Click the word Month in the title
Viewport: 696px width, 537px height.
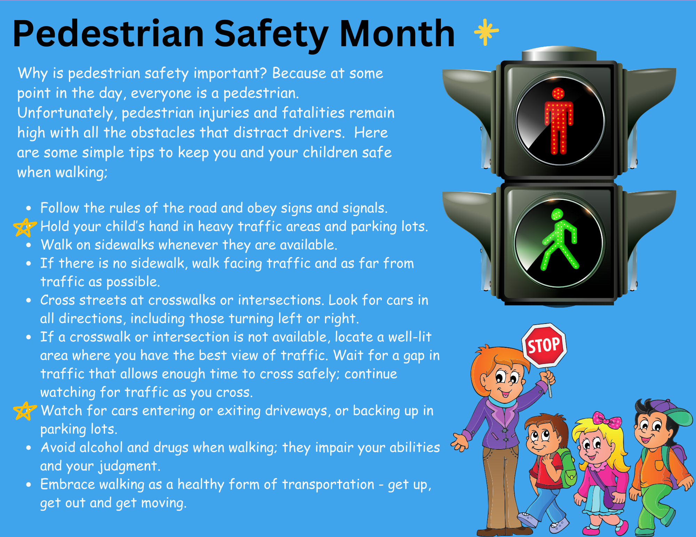point(397,33)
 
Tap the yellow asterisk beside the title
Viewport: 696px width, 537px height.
point(486,32)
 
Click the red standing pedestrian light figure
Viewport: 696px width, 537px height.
point(559,121)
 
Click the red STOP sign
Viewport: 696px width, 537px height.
point(544,345)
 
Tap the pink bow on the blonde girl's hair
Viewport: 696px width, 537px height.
point(607,420)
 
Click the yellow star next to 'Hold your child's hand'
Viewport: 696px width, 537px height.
point(24,228)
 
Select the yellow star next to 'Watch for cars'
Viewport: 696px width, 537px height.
point(24,411)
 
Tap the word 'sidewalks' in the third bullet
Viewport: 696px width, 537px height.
point(124,245)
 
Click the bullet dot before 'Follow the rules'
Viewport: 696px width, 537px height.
point(29,208)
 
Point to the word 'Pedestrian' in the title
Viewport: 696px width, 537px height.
point(108,33)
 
